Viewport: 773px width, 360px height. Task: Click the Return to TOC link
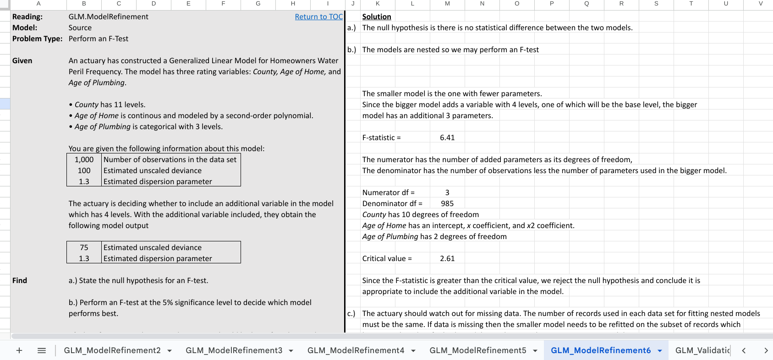318,17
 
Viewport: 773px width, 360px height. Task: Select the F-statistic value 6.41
447,138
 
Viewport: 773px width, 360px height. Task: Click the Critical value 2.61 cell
447,259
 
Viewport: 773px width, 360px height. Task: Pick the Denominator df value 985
447,204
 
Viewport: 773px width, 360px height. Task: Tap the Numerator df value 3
447,193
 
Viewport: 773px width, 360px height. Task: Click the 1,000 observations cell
84,160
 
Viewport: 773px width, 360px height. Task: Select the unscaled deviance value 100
84,171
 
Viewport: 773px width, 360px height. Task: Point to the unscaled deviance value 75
84,248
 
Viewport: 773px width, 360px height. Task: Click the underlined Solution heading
377,17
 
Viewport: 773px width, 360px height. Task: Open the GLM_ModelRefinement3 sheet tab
234,350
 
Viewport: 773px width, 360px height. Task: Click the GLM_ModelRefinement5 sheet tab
477,350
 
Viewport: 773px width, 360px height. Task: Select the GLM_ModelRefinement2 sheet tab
112,350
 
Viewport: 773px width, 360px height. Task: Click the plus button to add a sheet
19,350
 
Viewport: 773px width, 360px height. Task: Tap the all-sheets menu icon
42,350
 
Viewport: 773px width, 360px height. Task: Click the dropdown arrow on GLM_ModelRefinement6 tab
660,351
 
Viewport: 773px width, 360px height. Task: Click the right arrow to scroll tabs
766,350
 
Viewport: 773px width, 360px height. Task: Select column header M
447,4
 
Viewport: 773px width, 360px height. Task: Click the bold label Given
22,61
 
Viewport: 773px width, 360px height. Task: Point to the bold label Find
20,281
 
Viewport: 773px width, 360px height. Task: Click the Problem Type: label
38,39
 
